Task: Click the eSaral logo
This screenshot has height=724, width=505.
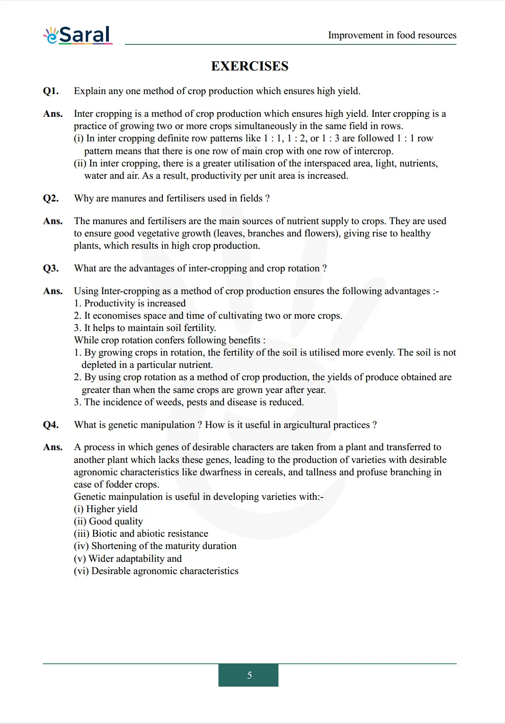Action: coord(78,35)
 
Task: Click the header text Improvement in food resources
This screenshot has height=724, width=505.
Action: coord(392,35)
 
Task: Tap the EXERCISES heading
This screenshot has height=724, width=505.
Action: coord(249,66)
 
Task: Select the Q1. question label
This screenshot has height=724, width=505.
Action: coord(51,91)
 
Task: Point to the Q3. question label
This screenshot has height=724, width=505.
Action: coord(51,269)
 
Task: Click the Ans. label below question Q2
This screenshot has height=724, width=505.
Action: coord(53,221)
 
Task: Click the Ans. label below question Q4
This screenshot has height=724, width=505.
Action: coord(53,447)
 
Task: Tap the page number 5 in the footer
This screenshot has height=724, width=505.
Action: coord(249,675)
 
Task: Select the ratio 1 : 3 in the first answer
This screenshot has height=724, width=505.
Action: coord(330,139)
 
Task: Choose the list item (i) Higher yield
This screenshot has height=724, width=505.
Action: coord(106,509)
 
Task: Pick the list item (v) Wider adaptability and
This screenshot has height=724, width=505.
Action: coord(128,559)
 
